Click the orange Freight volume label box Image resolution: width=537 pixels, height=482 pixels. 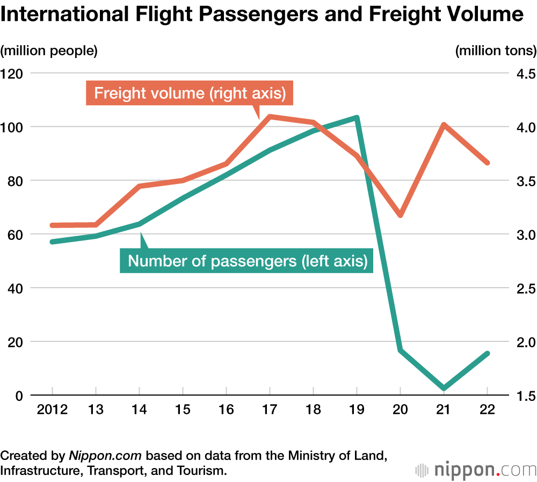pos(189,93)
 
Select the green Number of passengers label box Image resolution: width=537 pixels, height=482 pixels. pos(248,261)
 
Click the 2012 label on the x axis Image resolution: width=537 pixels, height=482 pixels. pos(52,411)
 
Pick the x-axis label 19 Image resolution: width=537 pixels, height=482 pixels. pos(357,411)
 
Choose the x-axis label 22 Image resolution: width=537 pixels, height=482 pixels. pos(487,411)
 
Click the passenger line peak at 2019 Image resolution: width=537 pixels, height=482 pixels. pos(357,117)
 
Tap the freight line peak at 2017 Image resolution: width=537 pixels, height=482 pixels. pos(270,116)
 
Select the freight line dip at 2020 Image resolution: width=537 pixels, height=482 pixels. pos(400,215)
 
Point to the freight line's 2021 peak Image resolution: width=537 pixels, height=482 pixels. pos(444,125)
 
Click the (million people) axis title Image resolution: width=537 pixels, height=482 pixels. pos(49,51)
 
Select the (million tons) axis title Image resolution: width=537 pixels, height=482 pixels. pos(496,51)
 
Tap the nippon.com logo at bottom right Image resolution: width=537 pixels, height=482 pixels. pos(476,470)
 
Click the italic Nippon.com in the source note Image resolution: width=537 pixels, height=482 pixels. pos(105,456)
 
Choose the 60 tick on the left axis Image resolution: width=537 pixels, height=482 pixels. pos(14,235)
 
